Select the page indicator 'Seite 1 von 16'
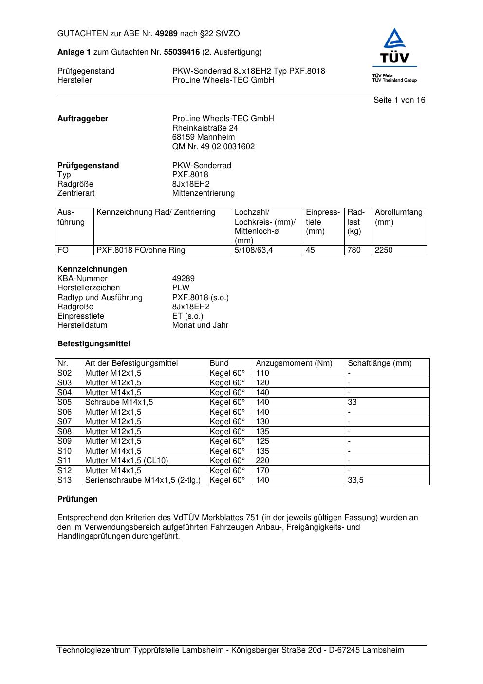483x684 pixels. [x=399, y=100]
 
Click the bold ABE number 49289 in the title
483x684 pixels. [x=166, y=34]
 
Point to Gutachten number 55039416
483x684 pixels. [x=182, y=52]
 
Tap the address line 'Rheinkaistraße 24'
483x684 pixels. [x=205, y=128]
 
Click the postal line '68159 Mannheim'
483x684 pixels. [x=204, y=137]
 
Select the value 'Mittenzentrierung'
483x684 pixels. [x=203, y=193]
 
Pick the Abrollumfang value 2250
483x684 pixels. [x=384, y=250]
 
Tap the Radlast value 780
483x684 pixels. [x=354, y=250]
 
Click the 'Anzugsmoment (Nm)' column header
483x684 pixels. [x=294, y=363]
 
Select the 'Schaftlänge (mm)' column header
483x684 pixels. [x=380, y=363]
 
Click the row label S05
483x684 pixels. [x=65, y=402]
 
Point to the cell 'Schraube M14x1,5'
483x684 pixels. [x=119, y=402]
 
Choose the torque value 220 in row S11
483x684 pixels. [x=262, y=461]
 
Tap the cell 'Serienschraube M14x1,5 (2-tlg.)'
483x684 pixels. [x=143, y=480]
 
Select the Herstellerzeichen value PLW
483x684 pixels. [x=181, y=288]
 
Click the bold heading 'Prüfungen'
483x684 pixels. [x=77, y=499]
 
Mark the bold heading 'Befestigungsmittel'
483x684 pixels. [x=93, y=344]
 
